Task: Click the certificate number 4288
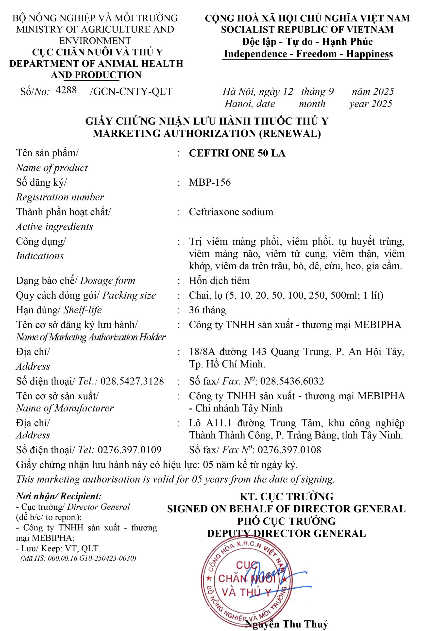click(66, 90)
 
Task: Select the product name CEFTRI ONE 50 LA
click(237, 153)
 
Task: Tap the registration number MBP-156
click(210, 182)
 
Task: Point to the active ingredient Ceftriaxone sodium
click(231, 212)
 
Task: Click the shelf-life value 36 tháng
click(207, 310)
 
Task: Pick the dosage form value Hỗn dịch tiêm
click(219, 281)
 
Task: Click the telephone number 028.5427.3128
click(132, 381)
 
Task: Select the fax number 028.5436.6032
click(292, 381)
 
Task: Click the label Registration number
click(60, 197)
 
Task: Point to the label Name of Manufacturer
click(65, 408)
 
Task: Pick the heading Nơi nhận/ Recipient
click(59, 496)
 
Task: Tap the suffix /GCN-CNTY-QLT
click(131, 92)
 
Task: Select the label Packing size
click(129, 295)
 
